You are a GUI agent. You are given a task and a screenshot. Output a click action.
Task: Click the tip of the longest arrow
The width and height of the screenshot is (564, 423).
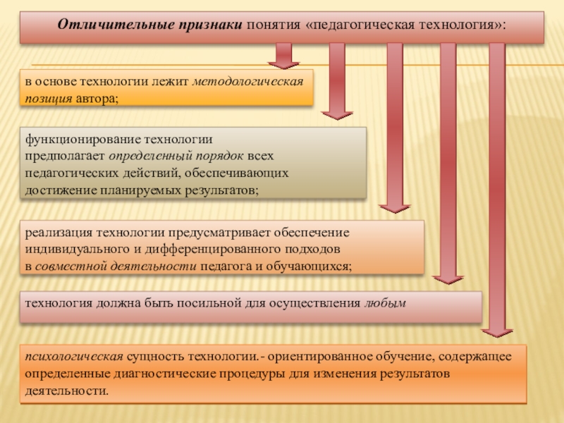(x=497, y=331)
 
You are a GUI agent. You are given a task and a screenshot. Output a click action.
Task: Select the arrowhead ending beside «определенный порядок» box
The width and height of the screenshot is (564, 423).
(x=394, y=207)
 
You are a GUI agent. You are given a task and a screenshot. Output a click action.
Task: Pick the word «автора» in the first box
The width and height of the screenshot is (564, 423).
(x=97, y=99)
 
